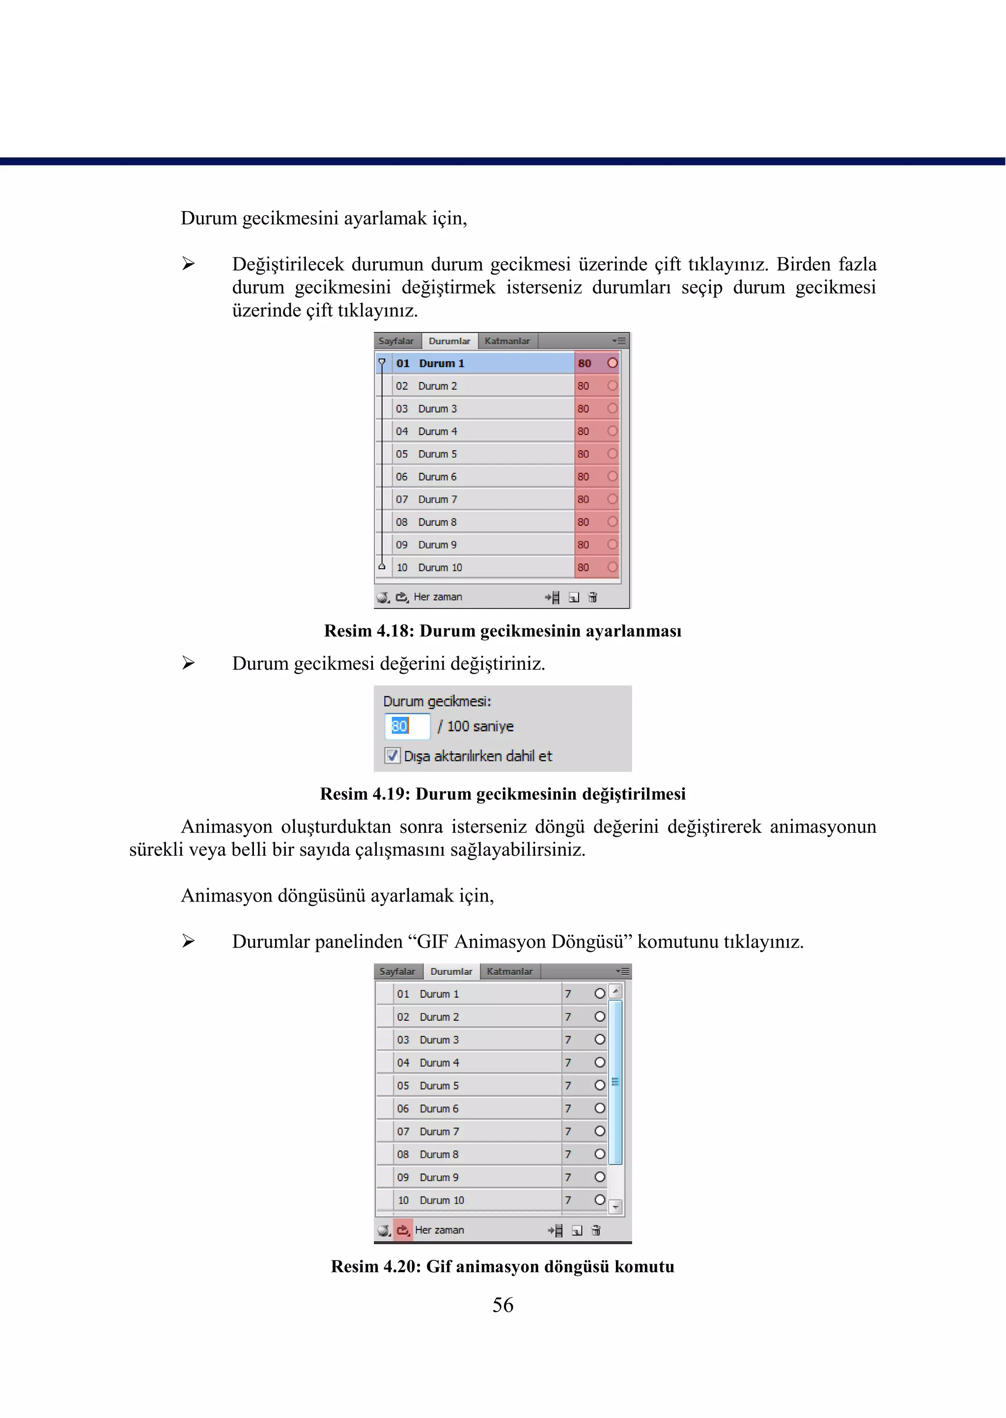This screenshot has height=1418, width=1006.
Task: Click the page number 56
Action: click(x=503, y=1305)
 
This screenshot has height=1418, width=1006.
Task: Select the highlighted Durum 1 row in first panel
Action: click(x=477, y=363)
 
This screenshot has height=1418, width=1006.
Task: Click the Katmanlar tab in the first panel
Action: click(x=507, y=341)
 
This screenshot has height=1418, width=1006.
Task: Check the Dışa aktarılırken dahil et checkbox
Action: click(x=392, y=756)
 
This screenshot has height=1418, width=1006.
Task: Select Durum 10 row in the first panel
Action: click(x=477, y=567)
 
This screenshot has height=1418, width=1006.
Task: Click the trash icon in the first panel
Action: click(x=593, y=597)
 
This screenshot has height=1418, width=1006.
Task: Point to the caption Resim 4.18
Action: click(x=503, y=631)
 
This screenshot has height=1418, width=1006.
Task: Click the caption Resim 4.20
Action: click(x=503, y=1266)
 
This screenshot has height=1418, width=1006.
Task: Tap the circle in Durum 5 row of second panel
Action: click(x=600, y=1085)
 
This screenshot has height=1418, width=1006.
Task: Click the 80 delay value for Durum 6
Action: click(x=584, y=477)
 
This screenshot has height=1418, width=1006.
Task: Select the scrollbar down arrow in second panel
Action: click(x=615, y=1207)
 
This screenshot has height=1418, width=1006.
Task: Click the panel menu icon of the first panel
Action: click(x=619, y=341)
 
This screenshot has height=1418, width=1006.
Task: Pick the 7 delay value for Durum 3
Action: click(x=568, y=1039)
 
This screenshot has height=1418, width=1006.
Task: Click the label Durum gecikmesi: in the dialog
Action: click(x=437, y=702)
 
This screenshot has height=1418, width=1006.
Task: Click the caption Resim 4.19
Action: click(x=503, y=794)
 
